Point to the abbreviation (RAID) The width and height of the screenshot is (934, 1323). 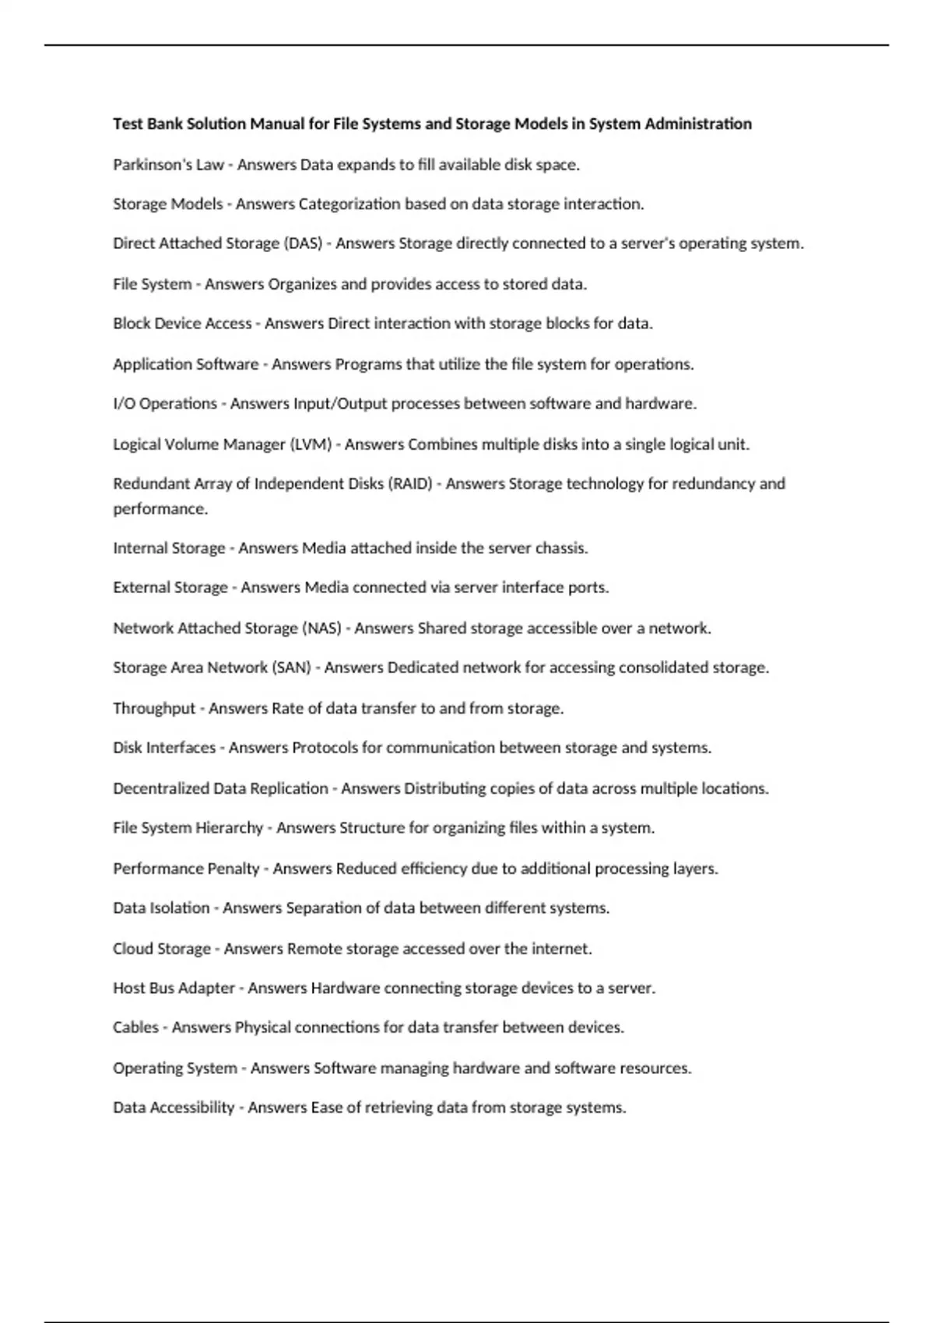tap(410, 483)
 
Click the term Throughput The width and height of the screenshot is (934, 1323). tap(154, 708)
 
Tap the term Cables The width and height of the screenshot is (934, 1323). tap(135, 1027)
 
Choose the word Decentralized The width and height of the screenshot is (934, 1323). tap(161, 788)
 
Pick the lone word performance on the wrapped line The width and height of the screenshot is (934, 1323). tap(160, 509)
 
